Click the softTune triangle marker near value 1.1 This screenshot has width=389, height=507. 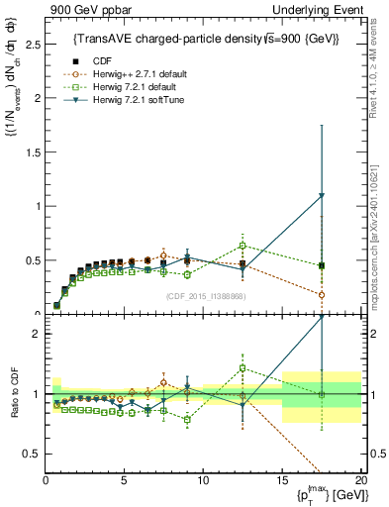pyautogui.click(x=321, y=196)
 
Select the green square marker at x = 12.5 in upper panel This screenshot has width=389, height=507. pyautogui.click(x=243, y=246)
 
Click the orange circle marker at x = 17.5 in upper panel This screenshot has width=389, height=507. pyautogui.click(x=321, y=294)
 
